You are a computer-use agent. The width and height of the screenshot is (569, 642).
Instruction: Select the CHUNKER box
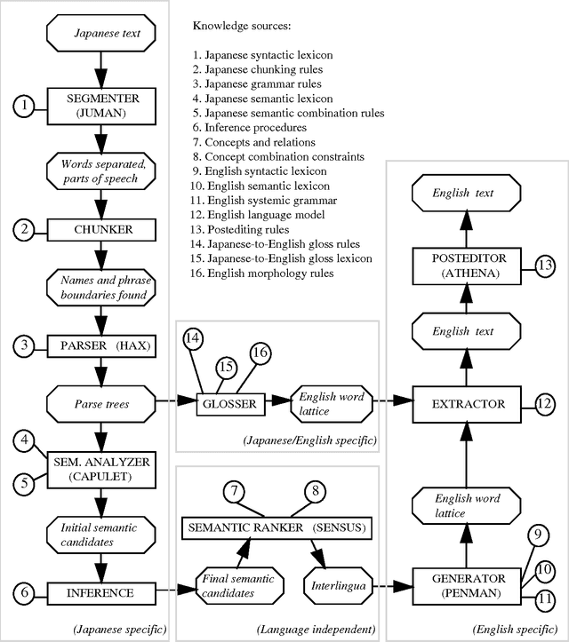[101, 229]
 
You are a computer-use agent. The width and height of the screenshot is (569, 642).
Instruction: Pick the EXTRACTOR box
[469, 404]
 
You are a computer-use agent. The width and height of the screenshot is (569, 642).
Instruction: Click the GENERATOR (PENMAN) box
[469, 585]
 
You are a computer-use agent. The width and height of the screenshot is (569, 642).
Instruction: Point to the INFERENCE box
[101, 590]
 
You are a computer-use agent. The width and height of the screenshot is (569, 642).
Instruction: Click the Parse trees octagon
[101, 404]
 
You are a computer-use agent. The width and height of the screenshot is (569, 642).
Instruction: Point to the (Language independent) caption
[315, 630]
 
